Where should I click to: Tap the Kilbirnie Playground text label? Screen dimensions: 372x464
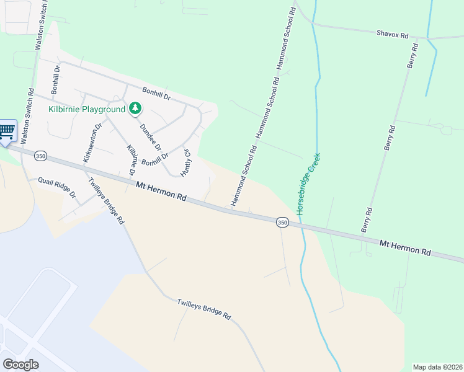click(x=87, y=110)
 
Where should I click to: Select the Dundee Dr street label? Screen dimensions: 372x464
click(x=150, y=137)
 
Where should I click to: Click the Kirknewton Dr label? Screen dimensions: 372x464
click(x=91, y=144)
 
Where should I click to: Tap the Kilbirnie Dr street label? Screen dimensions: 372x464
click(x=132, y=159)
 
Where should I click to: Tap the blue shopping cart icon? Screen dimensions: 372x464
click(x=6, y=131)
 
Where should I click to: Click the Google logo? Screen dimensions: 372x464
click(x=20, y=365)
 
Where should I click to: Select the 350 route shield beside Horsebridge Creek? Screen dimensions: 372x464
click(x=282, y=223)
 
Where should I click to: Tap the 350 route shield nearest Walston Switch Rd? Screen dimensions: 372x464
click(x=41, y=156)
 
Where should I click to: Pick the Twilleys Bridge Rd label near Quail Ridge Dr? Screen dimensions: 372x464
click(x=107, y=201)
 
